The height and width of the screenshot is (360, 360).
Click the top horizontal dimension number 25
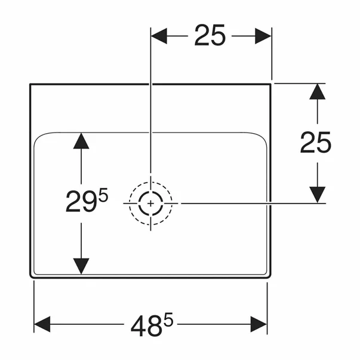tap(210, 35)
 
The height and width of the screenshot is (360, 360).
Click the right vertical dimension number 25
tap(316, 143)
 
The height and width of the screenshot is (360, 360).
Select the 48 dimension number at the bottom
tap(145, 326)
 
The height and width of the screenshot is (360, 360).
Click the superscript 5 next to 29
tap(103, 195)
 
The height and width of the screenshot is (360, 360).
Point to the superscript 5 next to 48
tap(168, 319)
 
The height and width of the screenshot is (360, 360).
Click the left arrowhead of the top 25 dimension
tap(159, 36)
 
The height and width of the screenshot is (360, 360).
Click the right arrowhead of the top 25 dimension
tap(263, 36)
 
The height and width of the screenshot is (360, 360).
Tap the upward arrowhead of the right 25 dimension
tap(317, 91)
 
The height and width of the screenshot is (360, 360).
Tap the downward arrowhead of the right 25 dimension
tap(317, 195)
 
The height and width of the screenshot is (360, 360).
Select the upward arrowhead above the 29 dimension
tap(81, 141)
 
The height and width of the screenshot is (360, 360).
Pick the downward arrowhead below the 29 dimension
tap(81, 266)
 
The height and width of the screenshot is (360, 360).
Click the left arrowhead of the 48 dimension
tap(42, 324)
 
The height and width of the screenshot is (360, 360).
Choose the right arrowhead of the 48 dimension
tap(259, 324)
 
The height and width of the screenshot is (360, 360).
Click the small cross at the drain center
tap(150, 204)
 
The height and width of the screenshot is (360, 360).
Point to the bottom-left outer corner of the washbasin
tap(31, 276)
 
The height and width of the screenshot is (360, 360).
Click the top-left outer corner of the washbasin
tap(30, 84)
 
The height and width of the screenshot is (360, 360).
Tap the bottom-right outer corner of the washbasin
tap(270, 276)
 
